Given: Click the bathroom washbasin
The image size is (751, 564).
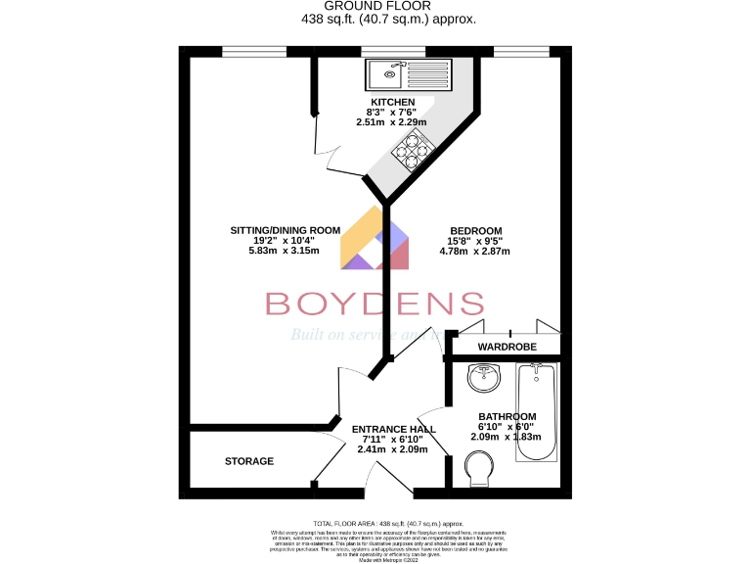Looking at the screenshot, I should (484, 376).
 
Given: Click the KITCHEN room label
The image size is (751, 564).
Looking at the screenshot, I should (392, 102).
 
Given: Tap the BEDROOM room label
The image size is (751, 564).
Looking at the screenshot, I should (475, 230).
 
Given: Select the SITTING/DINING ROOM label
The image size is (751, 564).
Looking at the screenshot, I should (285, 230).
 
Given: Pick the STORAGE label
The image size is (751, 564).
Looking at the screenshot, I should (249, 461).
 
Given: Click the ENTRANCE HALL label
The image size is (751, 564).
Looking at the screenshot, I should (393, 430).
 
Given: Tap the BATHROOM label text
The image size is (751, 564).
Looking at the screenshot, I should (508, 416).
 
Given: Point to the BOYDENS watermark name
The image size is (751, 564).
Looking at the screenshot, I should (375, 304).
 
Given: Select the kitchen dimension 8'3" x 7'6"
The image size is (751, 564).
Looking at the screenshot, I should (392, 113).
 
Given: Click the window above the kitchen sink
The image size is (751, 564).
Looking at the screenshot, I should (393, 51).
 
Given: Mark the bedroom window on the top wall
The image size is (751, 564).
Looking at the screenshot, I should (520, 51).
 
